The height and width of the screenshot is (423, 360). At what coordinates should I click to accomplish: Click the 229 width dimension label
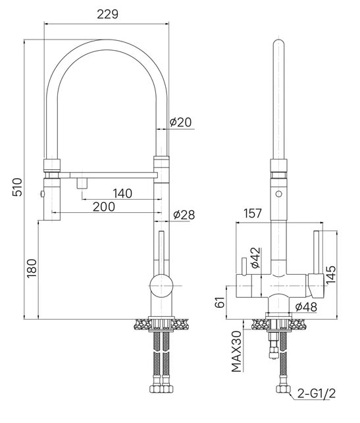(107, 14)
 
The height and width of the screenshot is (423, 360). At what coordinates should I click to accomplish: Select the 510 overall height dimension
(18, 186)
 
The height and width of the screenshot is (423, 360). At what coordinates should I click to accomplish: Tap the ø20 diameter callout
(181, 122)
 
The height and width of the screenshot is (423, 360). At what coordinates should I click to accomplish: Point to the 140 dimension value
(122, 194)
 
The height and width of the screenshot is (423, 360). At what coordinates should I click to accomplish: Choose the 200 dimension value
(104, 207)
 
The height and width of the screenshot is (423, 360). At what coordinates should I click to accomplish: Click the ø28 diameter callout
(184, 215)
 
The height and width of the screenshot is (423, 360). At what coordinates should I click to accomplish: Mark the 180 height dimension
(32, 268)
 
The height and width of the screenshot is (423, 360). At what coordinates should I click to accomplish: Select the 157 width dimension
(253, 213)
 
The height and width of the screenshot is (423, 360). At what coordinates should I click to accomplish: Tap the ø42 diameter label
(256, 258)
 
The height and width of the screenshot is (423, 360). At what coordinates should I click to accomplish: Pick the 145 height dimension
(331, 275)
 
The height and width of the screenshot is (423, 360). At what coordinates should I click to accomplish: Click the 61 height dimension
(220, 302)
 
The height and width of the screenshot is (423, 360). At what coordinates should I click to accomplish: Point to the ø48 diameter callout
(306, 307)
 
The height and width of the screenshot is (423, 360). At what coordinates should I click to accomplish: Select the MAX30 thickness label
(237, 351)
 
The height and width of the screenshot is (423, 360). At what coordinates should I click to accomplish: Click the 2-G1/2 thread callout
(317, 393)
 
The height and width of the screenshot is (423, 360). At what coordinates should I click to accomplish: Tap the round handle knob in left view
(161, 285)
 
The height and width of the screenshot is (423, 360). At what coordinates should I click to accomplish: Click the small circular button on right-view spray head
(278, 194)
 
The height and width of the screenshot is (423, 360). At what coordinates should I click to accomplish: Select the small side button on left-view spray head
(42, 194)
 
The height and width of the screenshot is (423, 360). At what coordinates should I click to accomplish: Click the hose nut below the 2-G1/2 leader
(282, 389)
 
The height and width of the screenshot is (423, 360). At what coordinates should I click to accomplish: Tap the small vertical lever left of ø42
(244, 266)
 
